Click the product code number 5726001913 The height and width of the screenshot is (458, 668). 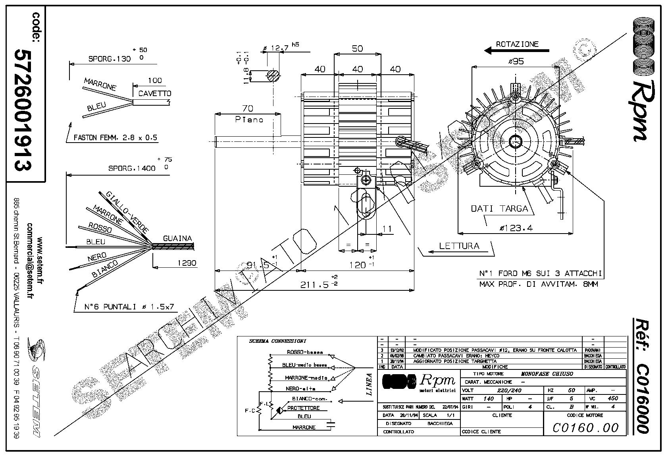[23, 110]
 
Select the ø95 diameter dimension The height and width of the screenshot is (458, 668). [516, 61]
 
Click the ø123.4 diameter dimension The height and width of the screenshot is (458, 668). [516, 228]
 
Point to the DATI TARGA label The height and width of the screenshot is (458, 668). [499, 209]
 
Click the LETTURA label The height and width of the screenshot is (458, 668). [459, 246]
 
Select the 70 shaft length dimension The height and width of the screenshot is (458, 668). [247, 108]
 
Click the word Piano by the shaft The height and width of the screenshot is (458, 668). [249, 119]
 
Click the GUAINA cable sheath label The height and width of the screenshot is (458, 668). [177, 239]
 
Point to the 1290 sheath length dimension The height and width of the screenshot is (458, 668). [187, 263]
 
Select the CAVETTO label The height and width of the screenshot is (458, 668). [155, 94]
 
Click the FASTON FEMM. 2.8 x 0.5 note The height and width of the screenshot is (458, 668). [116, 138]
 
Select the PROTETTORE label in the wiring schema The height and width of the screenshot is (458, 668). [303, 408]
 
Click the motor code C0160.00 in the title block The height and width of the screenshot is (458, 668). [585, 427]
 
